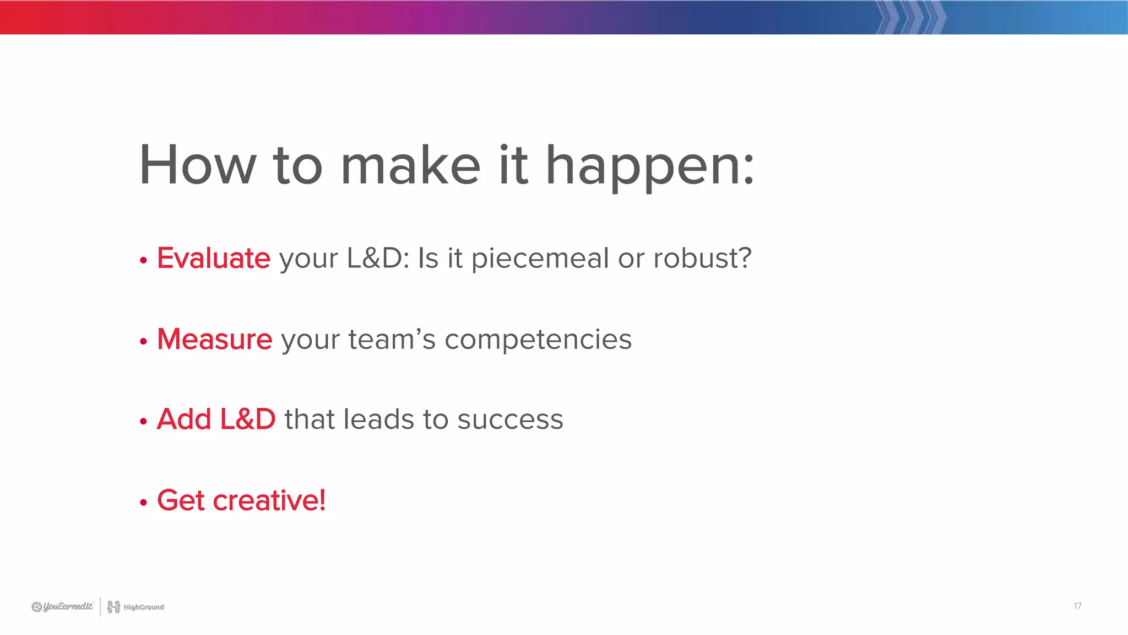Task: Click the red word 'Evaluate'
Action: (214, 258)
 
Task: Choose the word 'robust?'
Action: (702, 258)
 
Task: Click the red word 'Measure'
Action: (215, 338)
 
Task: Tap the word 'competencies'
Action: (538, 340)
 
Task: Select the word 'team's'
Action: (392, 339)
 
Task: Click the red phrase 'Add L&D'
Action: (216, 419)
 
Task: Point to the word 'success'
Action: (510, 419)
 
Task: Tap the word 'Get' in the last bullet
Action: (181, 500)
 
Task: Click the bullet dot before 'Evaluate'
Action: (144, 260)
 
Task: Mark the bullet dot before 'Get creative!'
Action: (144, 502)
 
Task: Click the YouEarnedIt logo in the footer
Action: (62, 607)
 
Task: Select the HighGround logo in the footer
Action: (135, 607)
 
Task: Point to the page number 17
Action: (1077, 606)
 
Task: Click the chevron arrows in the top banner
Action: (911, 17)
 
